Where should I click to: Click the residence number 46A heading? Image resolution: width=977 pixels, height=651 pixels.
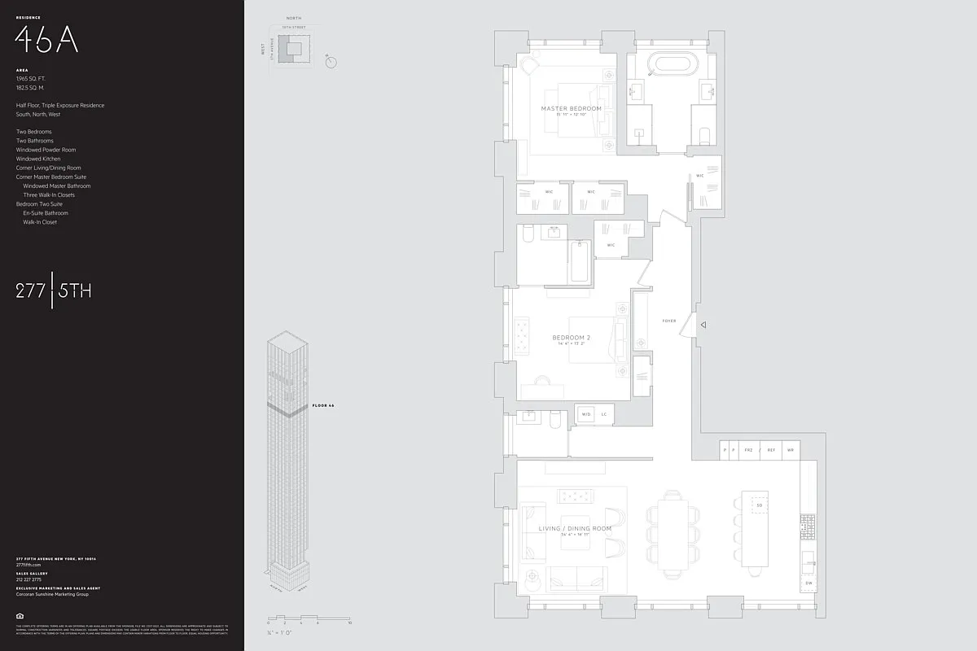coord(47,38)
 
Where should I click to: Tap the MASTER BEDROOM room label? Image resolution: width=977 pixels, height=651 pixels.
coord(572,108)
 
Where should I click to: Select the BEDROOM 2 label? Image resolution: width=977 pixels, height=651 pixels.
coord(571,338)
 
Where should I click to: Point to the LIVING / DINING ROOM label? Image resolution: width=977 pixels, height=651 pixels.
coord(575,529)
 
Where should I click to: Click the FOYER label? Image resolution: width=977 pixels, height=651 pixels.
coord(669,321)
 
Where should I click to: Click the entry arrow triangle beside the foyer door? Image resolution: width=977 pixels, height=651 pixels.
coord(703,325)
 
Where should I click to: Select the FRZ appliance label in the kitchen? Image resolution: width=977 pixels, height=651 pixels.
coord(749,449)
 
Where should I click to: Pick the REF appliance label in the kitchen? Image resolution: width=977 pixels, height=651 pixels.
coord(770,449)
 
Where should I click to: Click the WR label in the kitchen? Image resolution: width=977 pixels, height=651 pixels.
coord(790,449)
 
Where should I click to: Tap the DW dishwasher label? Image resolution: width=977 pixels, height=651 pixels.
coord(808,583)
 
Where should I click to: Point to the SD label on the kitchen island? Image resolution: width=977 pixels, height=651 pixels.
coord(759,505)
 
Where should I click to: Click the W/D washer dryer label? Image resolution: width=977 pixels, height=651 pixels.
coord(585,414)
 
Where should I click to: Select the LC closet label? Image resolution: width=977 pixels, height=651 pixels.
coord(604,414)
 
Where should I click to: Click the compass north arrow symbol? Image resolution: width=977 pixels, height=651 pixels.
coord(330,62)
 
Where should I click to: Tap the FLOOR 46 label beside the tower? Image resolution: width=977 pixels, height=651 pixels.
coord(323,405)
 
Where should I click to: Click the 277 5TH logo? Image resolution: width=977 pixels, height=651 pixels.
coord(54,291)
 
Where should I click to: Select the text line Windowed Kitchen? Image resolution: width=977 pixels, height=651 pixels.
coord(38,159)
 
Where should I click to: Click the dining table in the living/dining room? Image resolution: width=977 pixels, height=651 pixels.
coord(673,535)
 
